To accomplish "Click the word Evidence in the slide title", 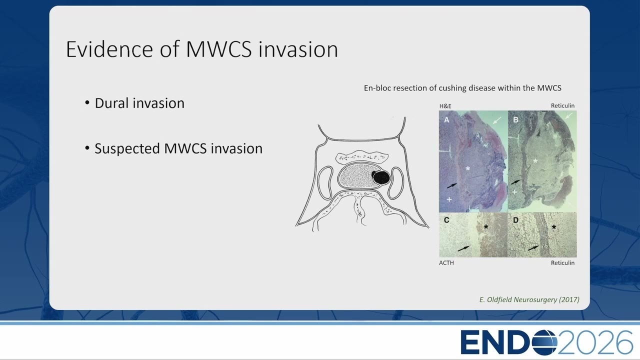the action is pyautogui.click(x=110, y=49).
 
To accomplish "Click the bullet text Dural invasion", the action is pyautogui.click(x=139, y=103).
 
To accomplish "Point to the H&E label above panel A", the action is pyautogui.click(x=445, y=106).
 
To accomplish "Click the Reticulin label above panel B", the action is pyautogui.click(x=562, y=105).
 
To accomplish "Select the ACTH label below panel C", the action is pyautogui.click(x=446, y=263).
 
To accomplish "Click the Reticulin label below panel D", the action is pyautogui.click(x=562, y=263).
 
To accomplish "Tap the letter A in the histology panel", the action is pyautogui.click(x=446, y=120).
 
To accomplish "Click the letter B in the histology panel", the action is pyautogui.click(x=515, y=119).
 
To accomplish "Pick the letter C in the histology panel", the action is pyautogui.click(x=446, y=220).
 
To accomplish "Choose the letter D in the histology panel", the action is pyautogui.click(x=515, y=220).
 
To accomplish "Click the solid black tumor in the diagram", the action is pyautogui.click(x=381, y=177).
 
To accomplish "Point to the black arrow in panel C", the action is pyautogui.click(x=463, y=248).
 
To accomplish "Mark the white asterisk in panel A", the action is pyautogui.click(x=467, y=168).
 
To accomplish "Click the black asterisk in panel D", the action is pyautogui.click(x=553, y=227).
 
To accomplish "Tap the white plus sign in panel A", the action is pyautogui.click(x=449, y=199).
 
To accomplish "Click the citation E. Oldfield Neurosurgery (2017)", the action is pyautogui.click(x=529, y=299).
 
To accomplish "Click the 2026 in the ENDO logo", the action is pyautogui.click(x=594, y=342).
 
